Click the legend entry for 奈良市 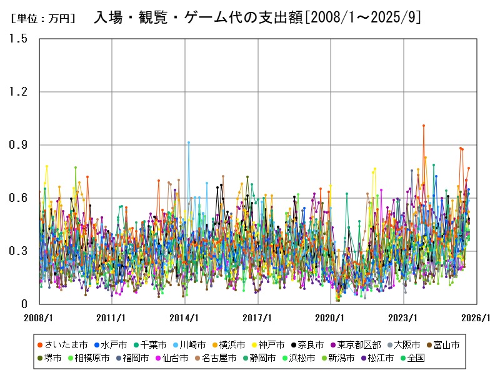point(311,344)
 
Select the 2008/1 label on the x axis point(39,317)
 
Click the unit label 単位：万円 point(42,18)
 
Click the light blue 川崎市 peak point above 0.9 point(189,142)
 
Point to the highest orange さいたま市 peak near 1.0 point(424,126)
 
